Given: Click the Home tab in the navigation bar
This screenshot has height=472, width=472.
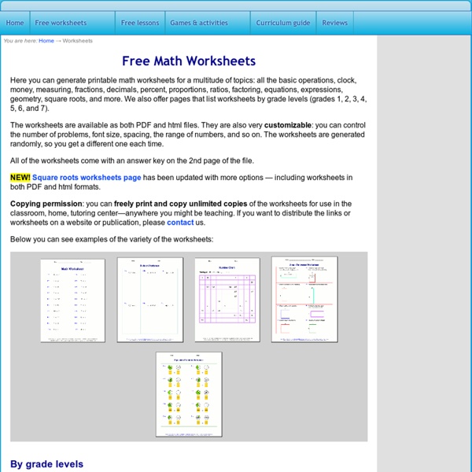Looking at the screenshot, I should pos(15,23).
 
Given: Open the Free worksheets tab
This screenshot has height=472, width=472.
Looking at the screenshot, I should pos(60,23).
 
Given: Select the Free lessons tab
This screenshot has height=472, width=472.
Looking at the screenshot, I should pos(139,23).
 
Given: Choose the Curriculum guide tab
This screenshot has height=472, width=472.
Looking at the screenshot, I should pos(283,23).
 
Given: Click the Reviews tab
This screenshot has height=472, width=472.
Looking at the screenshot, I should pos(334,23).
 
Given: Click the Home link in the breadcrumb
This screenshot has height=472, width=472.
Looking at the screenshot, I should pos(46,41).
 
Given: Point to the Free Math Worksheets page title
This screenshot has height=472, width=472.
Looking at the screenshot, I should pos(189,61).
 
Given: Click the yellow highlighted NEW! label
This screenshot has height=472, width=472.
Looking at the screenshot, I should pos(20,178).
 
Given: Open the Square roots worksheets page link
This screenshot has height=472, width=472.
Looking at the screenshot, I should pos(87,178).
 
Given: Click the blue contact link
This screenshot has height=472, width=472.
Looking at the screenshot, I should pos(180,223).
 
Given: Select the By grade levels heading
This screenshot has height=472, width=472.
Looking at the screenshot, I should pos(46,464).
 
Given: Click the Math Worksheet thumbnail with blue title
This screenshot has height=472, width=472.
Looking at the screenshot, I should pos(73,300).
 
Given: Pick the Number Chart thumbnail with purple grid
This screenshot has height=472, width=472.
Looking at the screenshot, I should pos(227,300).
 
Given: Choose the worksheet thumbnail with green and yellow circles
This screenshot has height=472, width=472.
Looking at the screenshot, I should pos(189,394).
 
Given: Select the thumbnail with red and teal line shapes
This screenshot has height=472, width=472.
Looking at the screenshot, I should pos(304,299).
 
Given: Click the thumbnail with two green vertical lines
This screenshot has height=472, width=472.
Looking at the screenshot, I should pos(149,300).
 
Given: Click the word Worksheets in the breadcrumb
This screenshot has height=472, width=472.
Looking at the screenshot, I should pos(78,41).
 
